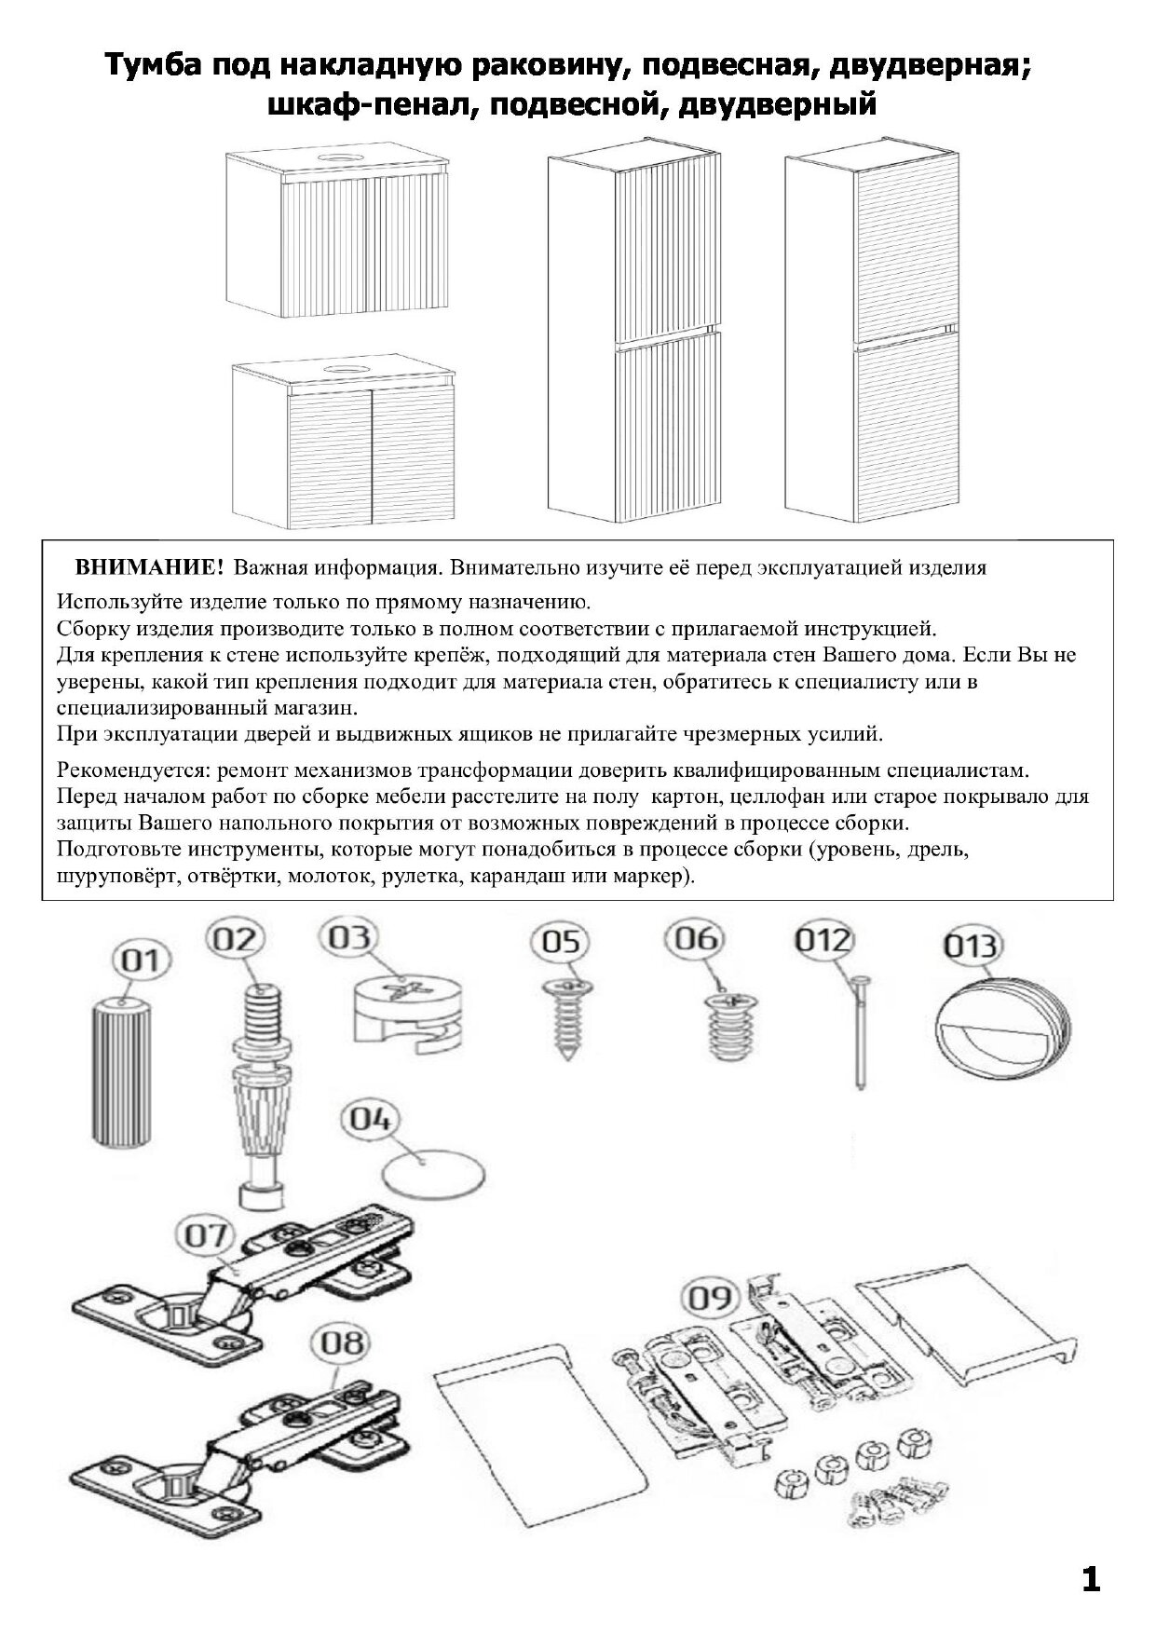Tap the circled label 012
[823, 942]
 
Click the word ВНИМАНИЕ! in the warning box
[149, 567]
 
